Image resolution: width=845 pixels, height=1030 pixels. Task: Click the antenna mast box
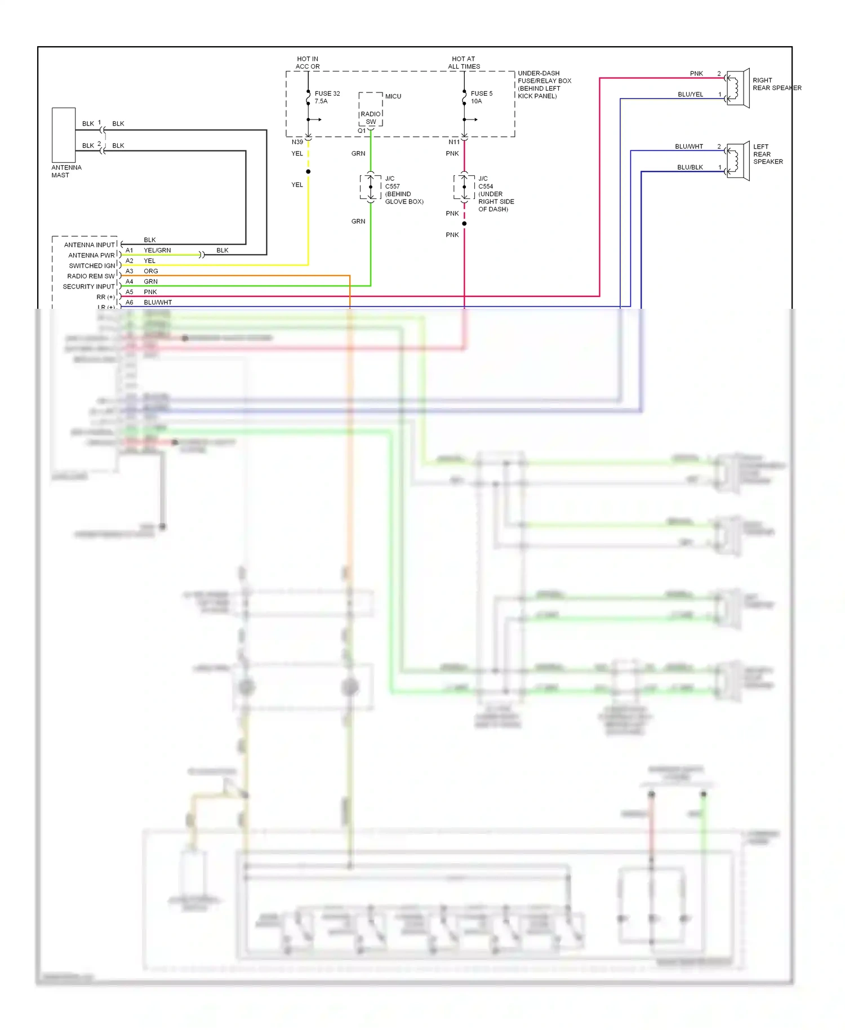64,135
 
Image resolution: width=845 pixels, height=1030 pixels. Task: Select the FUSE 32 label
327,94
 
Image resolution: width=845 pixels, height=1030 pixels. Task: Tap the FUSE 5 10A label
481,97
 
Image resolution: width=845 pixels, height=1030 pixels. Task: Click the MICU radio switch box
370,109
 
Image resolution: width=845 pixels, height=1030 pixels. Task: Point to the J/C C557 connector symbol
370,187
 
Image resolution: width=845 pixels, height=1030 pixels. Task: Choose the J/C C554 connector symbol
464,187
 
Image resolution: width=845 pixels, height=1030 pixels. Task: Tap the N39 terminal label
297,142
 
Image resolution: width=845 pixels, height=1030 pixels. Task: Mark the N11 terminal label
453,142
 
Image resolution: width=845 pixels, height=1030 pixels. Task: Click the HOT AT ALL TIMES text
464,63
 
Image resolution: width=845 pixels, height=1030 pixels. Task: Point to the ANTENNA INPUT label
89,245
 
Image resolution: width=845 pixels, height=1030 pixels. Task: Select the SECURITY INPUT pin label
88,286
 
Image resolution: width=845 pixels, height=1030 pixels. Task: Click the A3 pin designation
129,271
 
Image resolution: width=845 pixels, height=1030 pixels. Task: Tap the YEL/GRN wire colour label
157,250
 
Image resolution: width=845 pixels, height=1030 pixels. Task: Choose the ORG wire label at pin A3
150,271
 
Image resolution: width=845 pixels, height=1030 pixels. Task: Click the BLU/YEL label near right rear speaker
690,95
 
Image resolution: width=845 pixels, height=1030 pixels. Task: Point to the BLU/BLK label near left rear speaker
690,167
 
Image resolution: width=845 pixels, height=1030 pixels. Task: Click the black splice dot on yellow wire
308,171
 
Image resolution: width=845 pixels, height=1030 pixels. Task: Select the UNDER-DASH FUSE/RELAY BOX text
544,85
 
